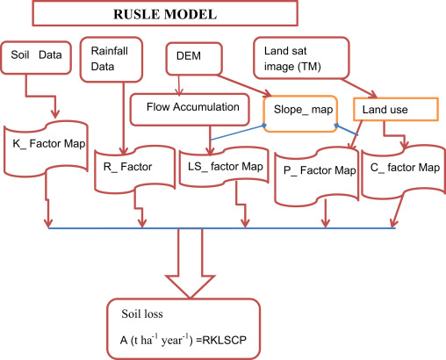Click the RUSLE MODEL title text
pyautogui.click(x=165, y=14)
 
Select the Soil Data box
pyautogui.click(x=36, y=57)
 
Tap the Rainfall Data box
pyautogui.click(x=111, y=59)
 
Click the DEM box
pyautogui.click(x=194, y=59)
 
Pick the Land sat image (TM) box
pyautogui.click(x=301, y=58)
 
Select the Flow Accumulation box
pyautogui.click(x=190, y=110)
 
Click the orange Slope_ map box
pyautogui.click(x=300, y=113)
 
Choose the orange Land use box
pyautogui.click(x=396, y=109)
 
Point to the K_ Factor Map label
pyautogui.click(x=49, y=144)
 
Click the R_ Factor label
pyautogui.click(x=127, y=167)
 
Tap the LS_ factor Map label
pyautogui.click(x=226, y=167)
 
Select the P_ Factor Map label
pyautogui.click(x=320, y=170)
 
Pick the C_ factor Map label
pyautogui.click(x=405, y=168)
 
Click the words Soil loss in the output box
pyautogui.click(x=142, y=313)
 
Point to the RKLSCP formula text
pyautogui.click(x=225, y=340)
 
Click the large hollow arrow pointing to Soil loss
pyautogui.click(x=191, y=263)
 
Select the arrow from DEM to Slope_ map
pyautogui.click(x=244, y=85)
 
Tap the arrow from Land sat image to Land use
pyautogui.click(x=359, y=88)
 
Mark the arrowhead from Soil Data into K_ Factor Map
pyautogui.click(x=55, y=113)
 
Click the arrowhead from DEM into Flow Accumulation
pyautogui.click(x=179, y=92)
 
